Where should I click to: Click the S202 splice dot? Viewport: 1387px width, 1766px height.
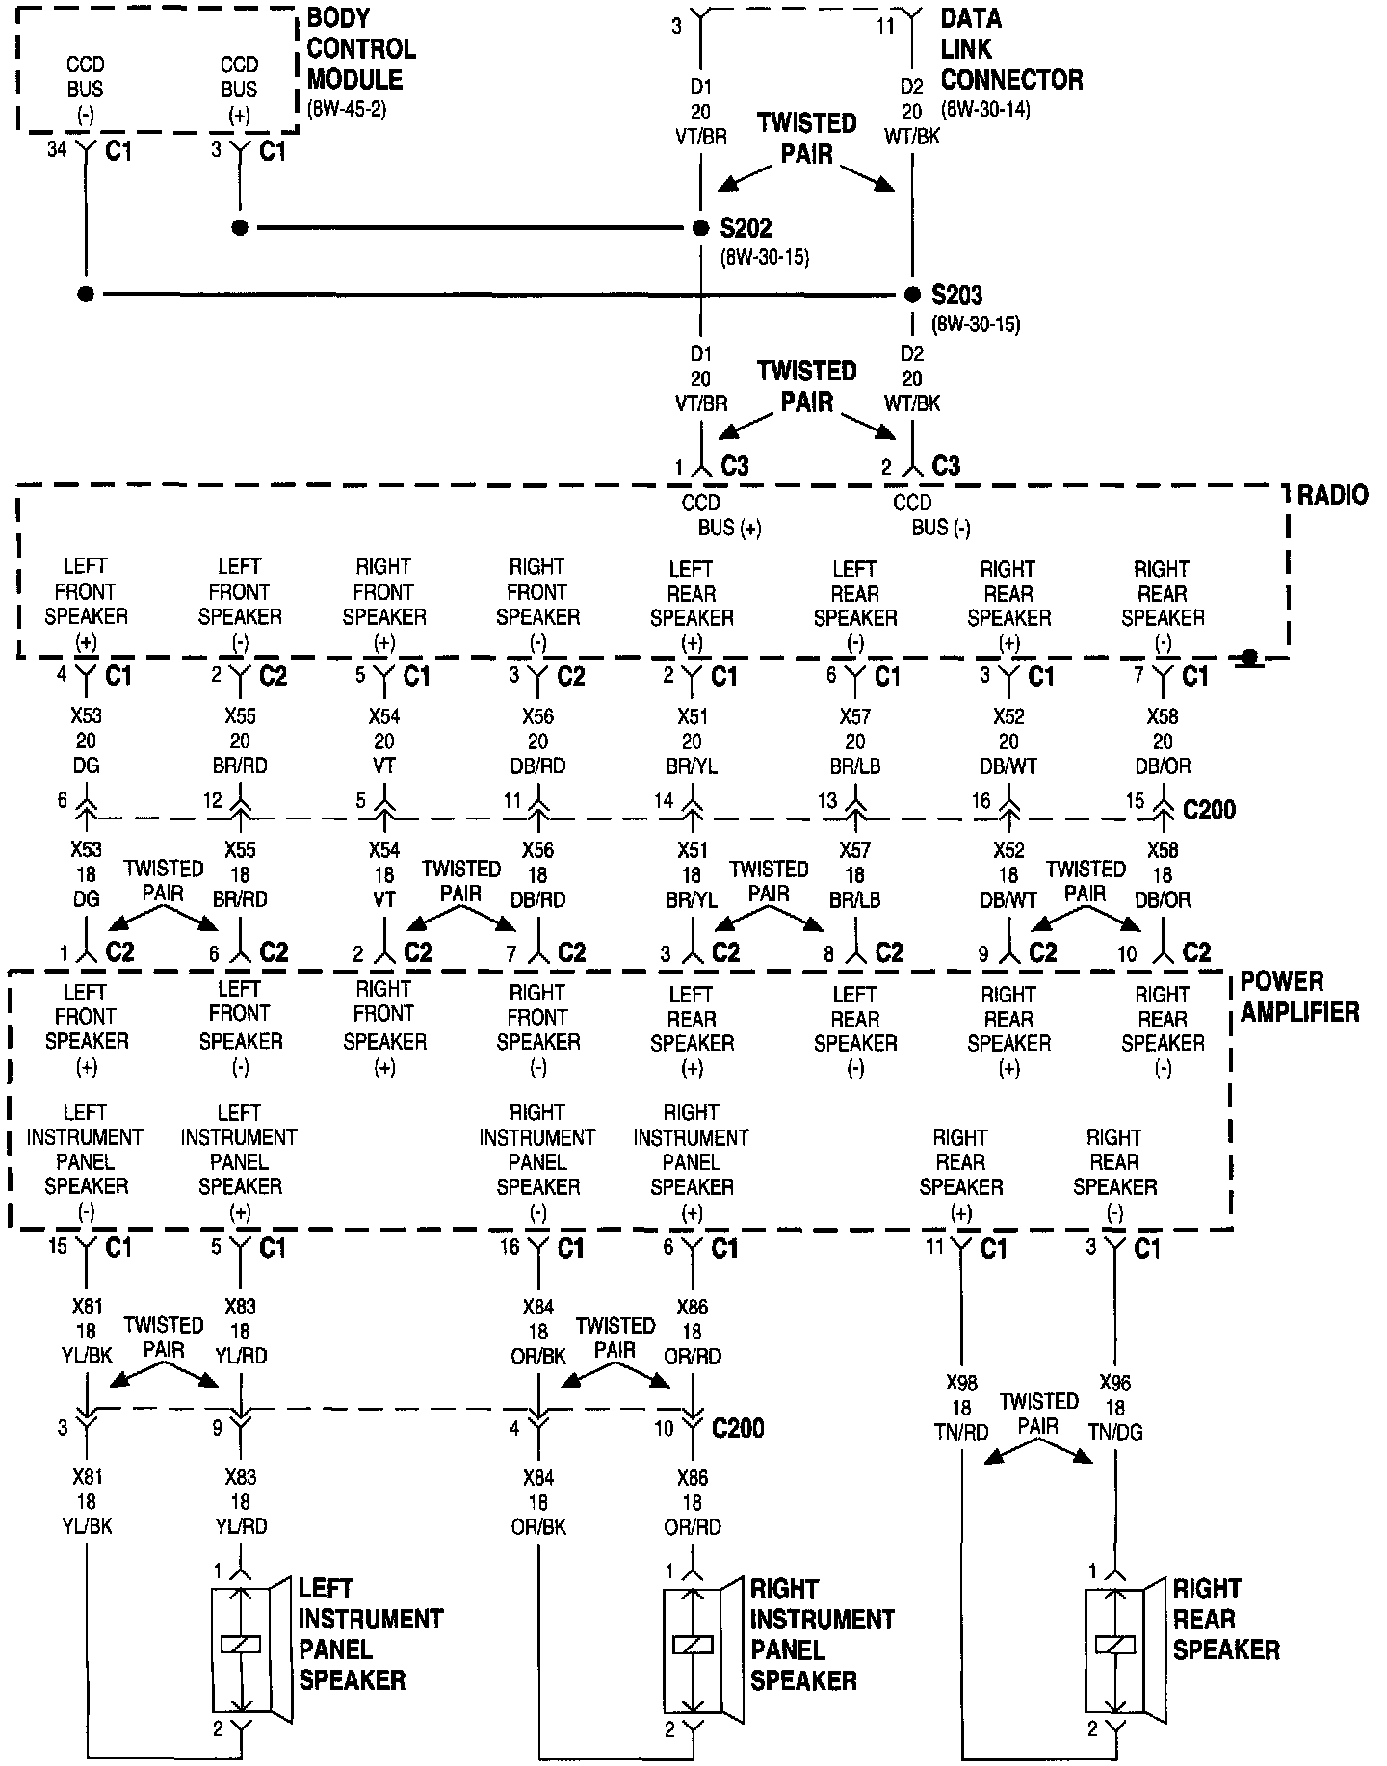(x=701, y=228)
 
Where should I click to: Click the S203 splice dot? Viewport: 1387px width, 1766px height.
(x=912, y=294)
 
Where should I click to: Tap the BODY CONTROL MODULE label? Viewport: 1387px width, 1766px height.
(x=360, y=49)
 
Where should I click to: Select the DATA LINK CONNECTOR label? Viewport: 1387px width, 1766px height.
(x=1010, y=49)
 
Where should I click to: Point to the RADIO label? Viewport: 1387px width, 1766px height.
(x=1332, y=496)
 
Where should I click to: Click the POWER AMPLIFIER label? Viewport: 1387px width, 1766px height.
(x=1298, y=997)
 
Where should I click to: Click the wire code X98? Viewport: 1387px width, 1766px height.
(x=961, y=1383)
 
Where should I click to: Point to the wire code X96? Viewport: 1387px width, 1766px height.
(x=1115, y=1383)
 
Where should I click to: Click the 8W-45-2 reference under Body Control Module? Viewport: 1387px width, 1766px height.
(x=346, y=109)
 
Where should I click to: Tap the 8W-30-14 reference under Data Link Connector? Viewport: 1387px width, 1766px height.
(x=985, y=109)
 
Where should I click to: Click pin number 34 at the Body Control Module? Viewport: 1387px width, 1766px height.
(x=58, y=149)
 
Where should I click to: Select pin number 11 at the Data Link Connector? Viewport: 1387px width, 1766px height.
(x=885, y=28)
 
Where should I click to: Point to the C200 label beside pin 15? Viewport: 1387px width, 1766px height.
(x=1208, y=810)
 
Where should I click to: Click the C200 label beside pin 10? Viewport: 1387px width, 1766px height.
(x=738, y=1427)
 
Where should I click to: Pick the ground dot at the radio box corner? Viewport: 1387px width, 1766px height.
(x=1249, y=658)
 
